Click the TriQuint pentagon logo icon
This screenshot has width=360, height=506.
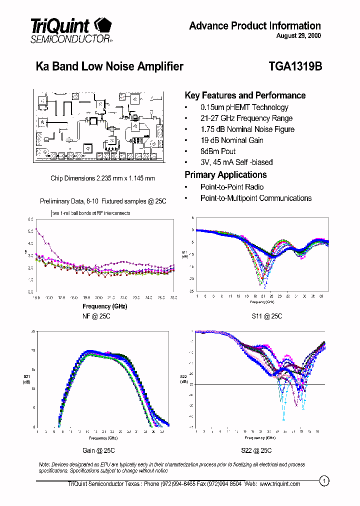(103, 25)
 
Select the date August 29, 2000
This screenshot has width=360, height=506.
(298, 36)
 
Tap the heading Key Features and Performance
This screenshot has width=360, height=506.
(245, 95)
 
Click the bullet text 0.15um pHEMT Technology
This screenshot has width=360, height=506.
(244, 107)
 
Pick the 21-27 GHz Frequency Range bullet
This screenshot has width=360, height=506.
(246, 118)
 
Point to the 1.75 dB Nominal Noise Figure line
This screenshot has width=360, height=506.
(247, 129)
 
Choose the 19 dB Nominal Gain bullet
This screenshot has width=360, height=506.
(231, 140)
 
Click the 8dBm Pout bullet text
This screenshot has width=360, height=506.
(218, 151)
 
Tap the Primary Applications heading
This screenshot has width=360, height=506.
(225, 175)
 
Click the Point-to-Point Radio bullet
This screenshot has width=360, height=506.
(232, 187)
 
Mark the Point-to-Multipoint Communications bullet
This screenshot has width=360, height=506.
(256, 198)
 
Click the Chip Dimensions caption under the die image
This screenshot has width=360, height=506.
(102, 178)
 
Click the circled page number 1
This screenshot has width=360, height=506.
(324, 481)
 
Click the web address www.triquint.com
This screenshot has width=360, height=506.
(279, 484)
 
